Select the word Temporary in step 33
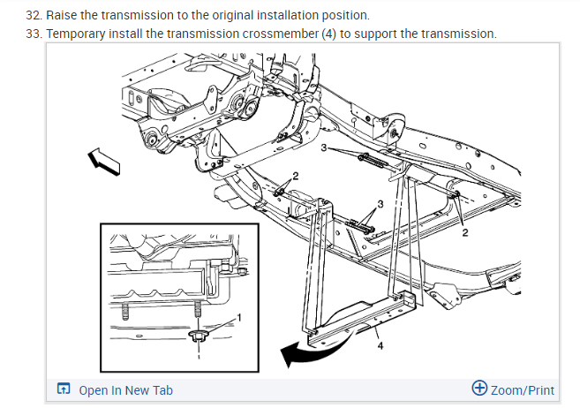[91, 34]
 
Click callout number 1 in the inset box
[237, 317]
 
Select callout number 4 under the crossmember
[380, 346]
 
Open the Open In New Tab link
[125, 389]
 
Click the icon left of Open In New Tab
[63, 389]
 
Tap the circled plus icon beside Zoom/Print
[479, 389]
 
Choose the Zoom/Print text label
[523, 389]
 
